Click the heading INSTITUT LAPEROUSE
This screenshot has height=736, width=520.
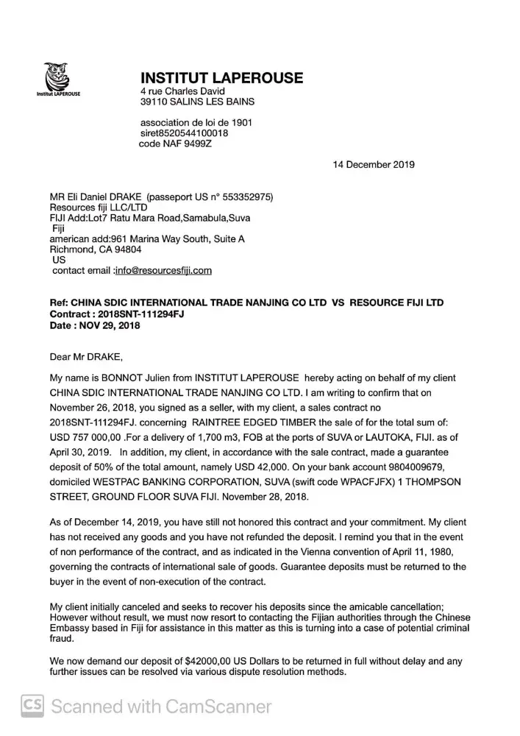click(x=221, y=78)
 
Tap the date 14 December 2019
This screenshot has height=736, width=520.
click(x=374, y=164)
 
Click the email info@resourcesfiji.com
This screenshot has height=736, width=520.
click(x=164, y=270)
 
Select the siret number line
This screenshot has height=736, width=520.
click(x=184, y=133)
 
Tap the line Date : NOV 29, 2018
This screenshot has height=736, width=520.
click(x=95, y=325)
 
